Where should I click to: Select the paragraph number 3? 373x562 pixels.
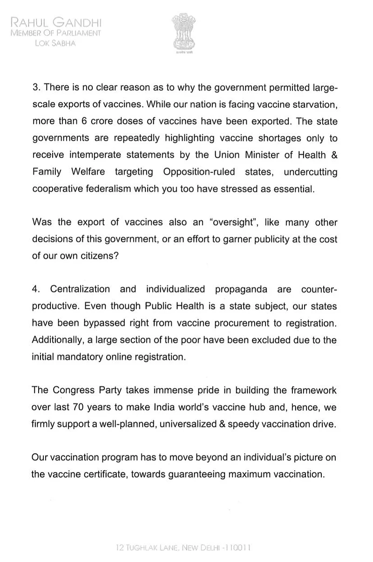point(35,88)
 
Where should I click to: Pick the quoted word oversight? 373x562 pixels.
point(229,222)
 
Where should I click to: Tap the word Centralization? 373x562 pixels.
point(80,289)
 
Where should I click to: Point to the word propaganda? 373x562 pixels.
point(241,289)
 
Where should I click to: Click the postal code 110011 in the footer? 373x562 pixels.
point(236,548)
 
